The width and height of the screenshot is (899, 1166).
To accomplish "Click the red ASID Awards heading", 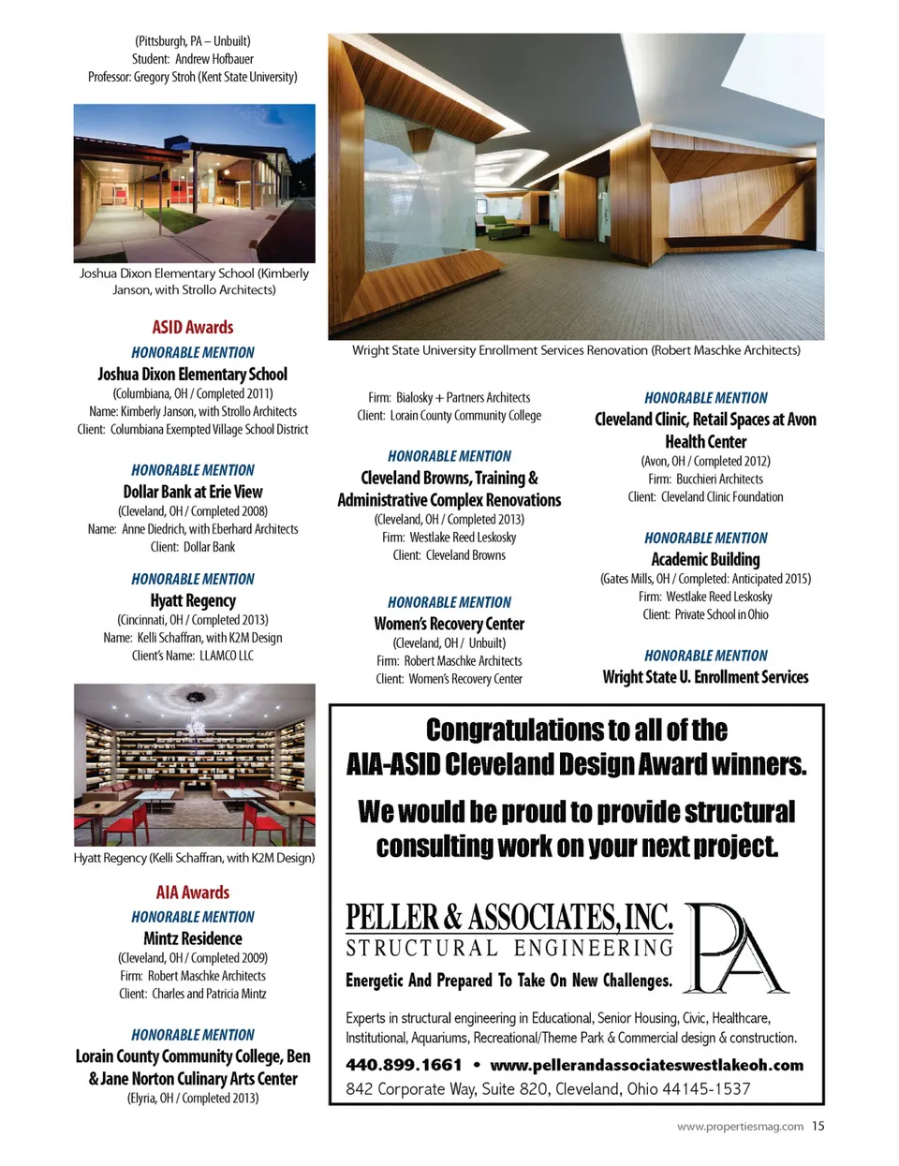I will tap(193, 328).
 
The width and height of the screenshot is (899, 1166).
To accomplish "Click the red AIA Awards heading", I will tap(193, 893).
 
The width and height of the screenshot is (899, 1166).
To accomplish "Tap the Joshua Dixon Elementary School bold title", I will tap(193, 374).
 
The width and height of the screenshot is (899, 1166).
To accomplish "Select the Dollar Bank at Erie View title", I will tap(193, 492).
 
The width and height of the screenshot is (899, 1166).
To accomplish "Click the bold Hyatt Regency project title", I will tap(193, 600).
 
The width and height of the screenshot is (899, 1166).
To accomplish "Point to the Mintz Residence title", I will tap(193, 938).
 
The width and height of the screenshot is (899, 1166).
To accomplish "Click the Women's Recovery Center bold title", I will tap(449, 624).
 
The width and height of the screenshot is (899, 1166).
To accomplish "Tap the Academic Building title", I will tap(705, 559).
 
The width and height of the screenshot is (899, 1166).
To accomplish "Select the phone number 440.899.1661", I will tap(404, 1065).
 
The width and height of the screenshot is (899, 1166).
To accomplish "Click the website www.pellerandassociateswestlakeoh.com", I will tap(646, 1065).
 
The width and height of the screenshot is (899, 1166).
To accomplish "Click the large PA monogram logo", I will tap(737, 948).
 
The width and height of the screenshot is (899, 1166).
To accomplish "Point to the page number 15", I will tap(818, 1127).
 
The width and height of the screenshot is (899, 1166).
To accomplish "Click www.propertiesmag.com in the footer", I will tap(740, 1127).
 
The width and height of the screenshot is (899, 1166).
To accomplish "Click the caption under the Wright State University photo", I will tap(576, 350).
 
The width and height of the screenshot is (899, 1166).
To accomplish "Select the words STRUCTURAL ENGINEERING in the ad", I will tap(509, 948).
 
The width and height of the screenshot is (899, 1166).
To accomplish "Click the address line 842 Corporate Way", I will tap(548, 1089).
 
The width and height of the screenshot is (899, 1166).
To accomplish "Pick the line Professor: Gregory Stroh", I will tap(193, 77).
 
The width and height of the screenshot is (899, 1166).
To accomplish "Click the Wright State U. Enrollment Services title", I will tap(705, 677).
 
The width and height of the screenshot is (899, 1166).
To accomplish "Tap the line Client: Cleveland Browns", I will tap(449, 555).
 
